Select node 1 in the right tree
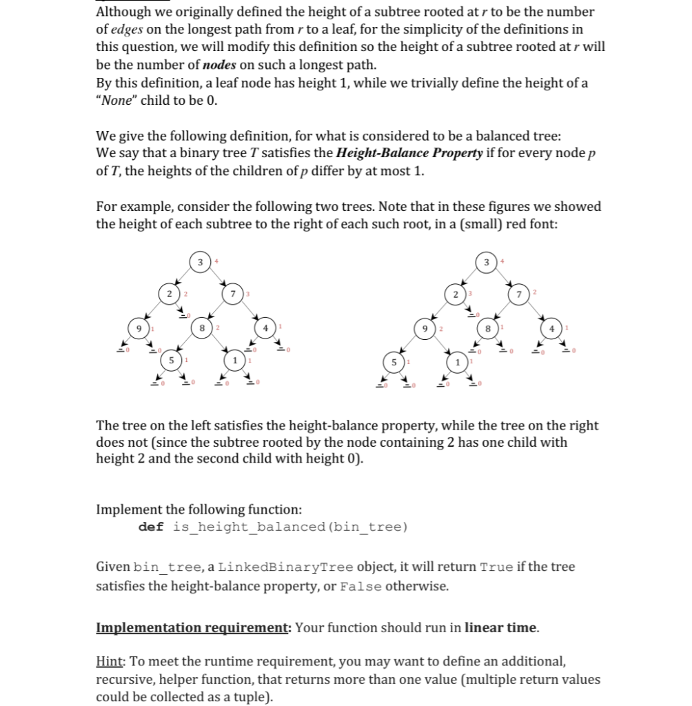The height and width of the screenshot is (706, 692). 458,361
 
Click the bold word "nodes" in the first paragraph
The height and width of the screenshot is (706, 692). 221,65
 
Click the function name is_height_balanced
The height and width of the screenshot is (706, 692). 248,527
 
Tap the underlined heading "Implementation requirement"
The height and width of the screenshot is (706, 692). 192,627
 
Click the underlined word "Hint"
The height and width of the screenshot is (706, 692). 109,662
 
